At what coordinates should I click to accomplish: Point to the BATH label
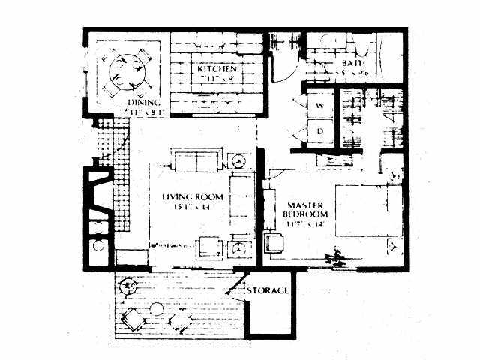pyautogui.click(x=352, y=64)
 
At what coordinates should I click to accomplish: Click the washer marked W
pyautogui.click(x=318, y=106)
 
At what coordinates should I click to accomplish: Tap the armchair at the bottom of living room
pyautogui.click(x=207, y=248)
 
